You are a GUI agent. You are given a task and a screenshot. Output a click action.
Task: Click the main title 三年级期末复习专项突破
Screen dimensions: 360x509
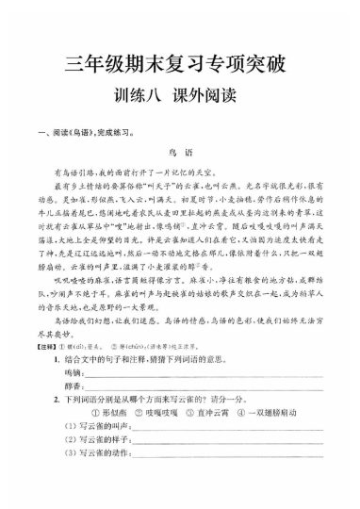click(180, 65)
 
